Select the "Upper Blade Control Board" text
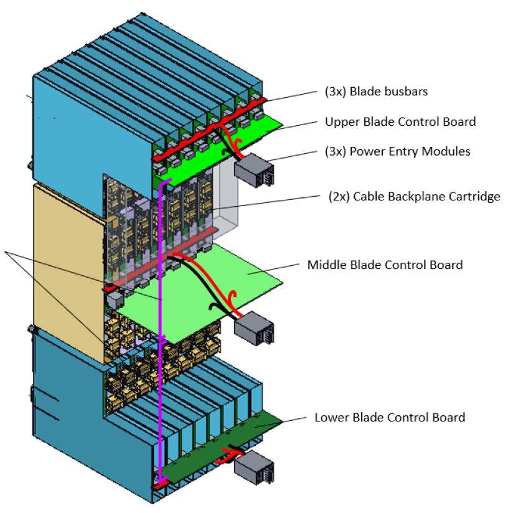[400, 121]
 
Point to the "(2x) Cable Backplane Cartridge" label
[415, 197]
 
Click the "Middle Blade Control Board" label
[385, 265]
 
